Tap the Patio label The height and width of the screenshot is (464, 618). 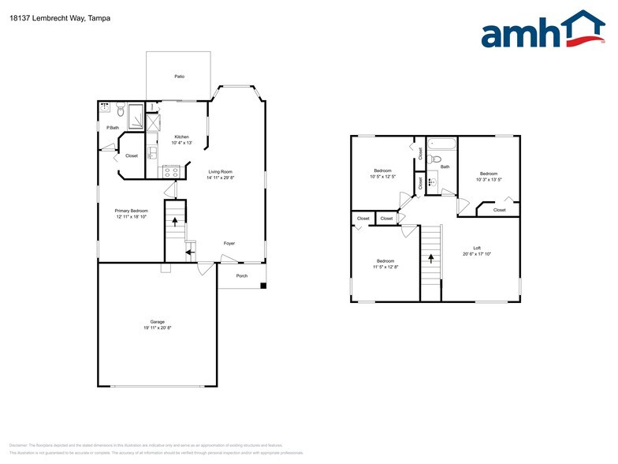click(179, 77)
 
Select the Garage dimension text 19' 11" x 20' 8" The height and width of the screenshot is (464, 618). click(158, 327)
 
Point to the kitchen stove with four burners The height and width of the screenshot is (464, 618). click(172, 170)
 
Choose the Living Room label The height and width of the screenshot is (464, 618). click(220, 171)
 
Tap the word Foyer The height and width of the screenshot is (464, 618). click(229, 243)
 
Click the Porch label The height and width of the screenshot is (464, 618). click(242, 275)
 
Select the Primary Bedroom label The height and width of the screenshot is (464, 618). click(132, 211)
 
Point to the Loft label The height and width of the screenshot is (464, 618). click(476, 247)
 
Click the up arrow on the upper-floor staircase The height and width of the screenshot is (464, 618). click(430, 257)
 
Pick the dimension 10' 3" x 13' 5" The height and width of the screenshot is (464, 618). click(489, 180)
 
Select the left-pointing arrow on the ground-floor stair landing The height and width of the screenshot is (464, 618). click(189, 253)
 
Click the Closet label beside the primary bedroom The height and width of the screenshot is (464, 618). click(131, 155)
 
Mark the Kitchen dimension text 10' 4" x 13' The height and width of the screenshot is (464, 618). click(182, 143)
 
